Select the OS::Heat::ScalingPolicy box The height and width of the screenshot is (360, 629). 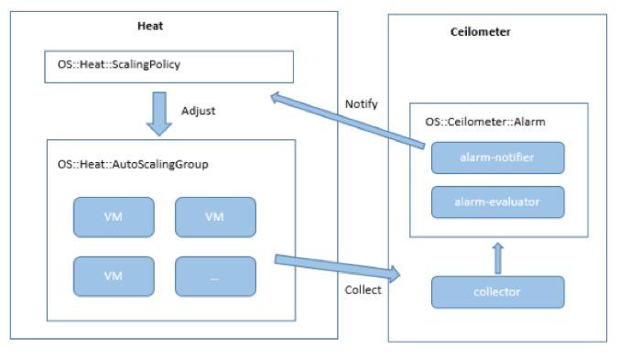[168, 67]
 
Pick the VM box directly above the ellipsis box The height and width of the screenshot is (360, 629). [215, 217]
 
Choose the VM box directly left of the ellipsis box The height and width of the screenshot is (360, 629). [114, 276]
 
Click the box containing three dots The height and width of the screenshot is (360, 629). [215, 276]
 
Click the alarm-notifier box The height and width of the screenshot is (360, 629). [497, 158]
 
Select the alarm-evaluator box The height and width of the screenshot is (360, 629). [497, 202]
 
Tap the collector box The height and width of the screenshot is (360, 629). [497, 291]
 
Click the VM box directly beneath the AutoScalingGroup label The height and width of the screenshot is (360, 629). [114, 217]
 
